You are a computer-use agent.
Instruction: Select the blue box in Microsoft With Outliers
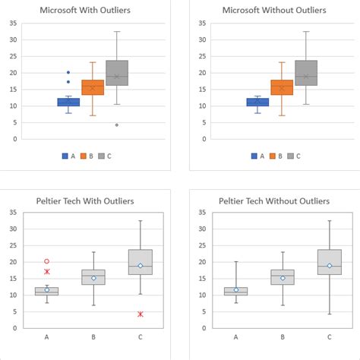(68, 102)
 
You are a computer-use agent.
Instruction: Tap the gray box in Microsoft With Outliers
(117, 73)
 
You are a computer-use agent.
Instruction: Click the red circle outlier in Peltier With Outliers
(47, 261)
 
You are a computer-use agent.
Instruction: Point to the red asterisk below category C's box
(141, 314)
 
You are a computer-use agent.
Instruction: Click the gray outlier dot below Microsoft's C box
(117, 125)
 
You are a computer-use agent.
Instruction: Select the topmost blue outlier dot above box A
(68, 72)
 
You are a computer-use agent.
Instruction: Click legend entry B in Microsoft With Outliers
(88, 156)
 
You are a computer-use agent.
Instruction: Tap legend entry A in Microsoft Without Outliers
(257, 156)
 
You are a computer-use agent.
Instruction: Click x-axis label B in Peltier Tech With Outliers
(93, 336)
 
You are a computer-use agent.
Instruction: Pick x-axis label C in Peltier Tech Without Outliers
(330, 336)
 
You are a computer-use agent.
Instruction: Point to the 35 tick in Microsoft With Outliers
(13, 23)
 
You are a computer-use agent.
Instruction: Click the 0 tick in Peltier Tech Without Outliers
(202, 327)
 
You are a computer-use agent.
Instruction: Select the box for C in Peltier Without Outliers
(330, 262)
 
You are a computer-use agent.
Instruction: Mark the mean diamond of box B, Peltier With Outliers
(93, 278)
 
